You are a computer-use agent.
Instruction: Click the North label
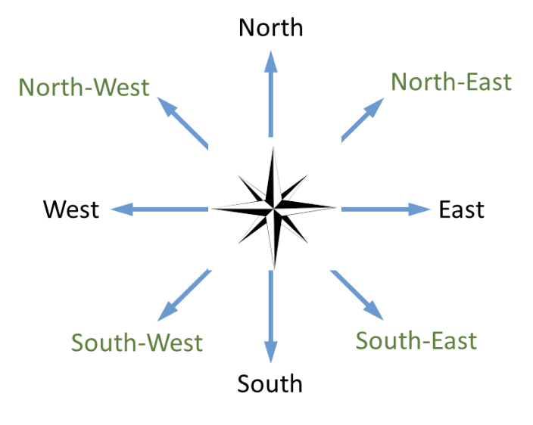coord(270,28)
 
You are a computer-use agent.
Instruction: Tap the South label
coord(270,383)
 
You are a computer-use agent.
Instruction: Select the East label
coord(461,209)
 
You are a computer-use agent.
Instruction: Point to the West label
coord(71,209)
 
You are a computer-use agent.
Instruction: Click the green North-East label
coord(451,82)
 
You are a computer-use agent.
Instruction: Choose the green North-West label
coord(84,87)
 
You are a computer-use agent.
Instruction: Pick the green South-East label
coord(416,340)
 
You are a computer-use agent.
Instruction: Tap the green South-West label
coord(137,343)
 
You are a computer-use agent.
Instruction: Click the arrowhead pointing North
coord(270,60)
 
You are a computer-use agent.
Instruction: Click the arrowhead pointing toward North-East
coord(374,107)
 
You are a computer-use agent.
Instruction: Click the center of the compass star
coord(273,208)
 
